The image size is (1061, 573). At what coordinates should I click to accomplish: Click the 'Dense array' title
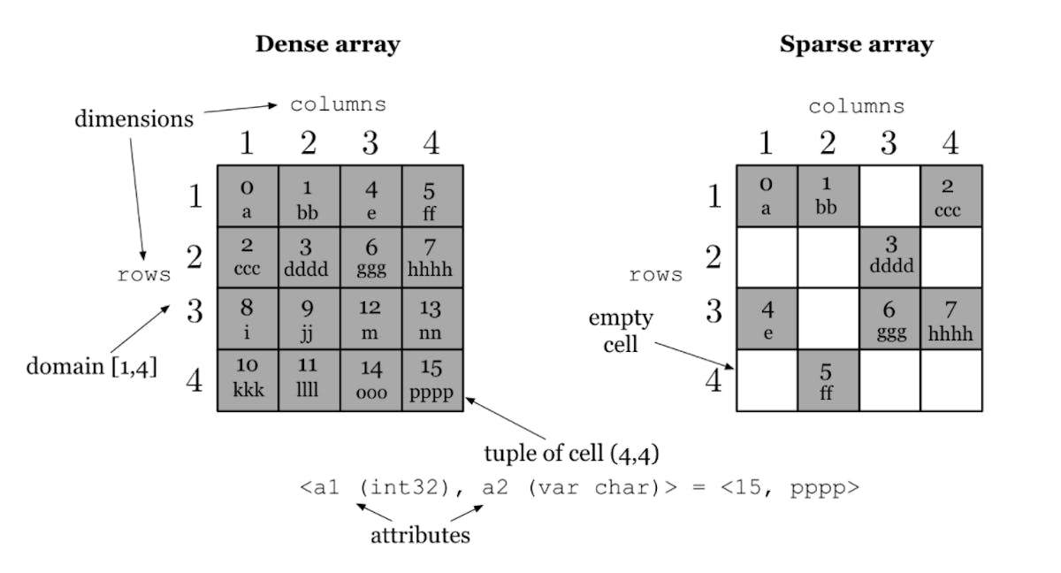[327, 44]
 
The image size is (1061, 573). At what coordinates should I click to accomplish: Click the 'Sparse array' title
[856, 44]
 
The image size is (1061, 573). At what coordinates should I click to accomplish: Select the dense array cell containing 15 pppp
[432, 380]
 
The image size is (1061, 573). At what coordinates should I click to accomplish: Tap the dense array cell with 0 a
[248, 196]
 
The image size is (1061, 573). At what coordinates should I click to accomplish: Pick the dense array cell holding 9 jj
[309, 318]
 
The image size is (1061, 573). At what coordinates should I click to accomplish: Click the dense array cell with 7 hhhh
[432, 257]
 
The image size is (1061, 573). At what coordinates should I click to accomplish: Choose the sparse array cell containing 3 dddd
[889, 257]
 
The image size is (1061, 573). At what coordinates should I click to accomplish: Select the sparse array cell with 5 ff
[828, 380]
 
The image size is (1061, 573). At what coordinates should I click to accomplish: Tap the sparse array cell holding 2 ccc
[950, 196]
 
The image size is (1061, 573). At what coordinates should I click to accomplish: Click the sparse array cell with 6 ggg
[889, 318]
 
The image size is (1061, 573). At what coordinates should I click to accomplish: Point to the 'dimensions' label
[134, 119]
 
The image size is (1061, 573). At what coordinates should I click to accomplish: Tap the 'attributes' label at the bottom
[420, 535]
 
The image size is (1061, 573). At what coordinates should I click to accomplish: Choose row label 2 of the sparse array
[712, 257]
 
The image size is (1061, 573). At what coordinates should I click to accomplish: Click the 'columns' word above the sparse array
[856, 107]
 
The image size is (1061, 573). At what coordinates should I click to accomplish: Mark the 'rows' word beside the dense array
[144, 275]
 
